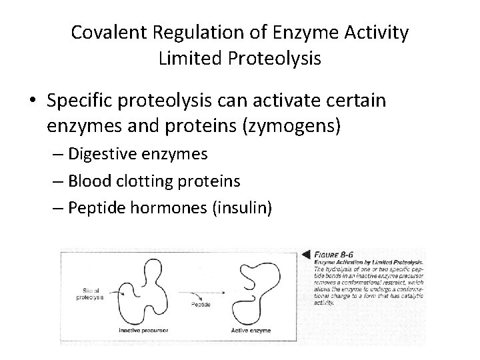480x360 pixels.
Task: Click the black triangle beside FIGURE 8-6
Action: [x=307, y=254]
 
